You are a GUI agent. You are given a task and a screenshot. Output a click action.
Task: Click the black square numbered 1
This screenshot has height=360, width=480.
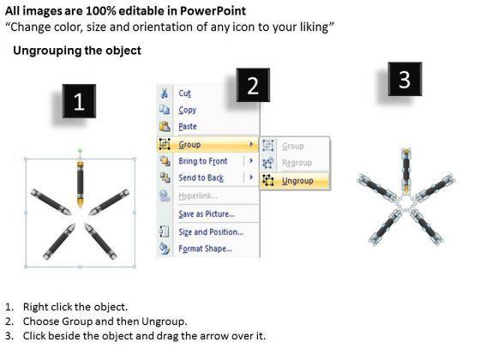[x=79, y=101]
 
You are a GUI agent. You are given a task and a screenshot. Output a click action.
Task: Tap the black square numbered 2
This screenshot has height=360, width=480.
[x=253, y=85]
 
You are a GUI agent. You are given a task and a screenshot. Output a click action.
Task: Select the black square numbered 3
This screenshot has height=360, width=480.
[x=405, y=79]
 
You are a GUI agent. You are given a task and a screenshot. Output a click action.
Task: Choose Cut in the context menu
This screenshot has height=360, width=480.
[x=184, y=93]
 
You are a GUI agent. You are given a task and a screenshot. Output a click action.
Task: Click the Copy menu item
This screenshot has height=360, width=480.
[x=188, y=110]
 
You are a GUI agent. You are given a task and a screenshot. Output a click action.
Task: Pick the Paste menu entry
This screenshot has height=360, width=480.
[x=188, y=127]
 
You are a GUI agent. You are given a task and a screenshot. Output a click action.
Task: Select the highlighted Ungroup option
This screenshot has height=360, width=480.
[x=297, y=181]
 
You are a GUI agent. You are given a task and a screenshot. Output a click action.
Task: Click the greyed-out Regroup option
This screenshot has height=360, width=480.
[x=297, y=163]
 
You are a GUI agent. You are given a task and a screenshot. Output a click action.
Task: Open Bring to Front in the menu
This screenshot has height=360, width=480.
[x=202, y=161]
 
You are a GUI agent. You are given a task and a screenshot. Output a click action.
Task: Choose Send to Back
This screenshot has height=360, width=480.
[x=201, y=178]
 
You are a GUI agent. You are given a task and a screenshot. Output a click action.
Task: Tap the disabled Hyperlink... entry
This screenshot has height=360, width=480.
[x=198, y=196]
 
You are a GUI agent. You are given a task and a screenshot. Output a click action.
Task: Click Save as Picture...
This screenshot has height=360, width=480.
[x=207, y=214]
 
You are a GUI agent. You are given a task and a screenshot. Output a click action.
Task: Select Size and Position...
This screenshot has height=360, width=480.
[x=211, y=232]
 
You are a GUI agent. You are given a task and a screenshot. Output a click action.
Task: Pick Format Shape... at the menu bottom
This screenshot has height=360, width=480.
[x=205, y=249]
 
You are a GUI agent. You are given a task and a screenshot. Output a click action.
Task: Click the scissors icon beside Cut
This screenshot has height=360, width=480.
[x=165, y=93]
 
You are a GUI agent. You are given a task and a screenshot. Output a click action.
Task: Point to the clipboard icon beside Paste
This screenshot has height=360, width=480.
[x=165, y=127]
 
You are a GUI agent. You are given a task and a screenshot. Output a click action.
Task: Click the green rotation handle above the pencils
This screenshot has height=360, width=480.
[x=80, y=151]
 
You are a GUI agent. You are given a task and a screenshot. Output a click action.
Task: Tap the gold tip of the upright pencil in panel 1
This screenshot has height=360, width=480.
[x=81, y=203]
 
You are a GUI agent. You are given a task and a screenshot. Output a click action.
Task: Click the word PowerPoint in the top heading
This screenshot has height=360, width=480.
[x=213, y=11]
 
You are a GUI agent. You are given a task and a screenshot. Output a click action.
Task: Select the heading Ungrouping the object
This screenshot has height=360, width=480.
[x=77, y=51]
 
